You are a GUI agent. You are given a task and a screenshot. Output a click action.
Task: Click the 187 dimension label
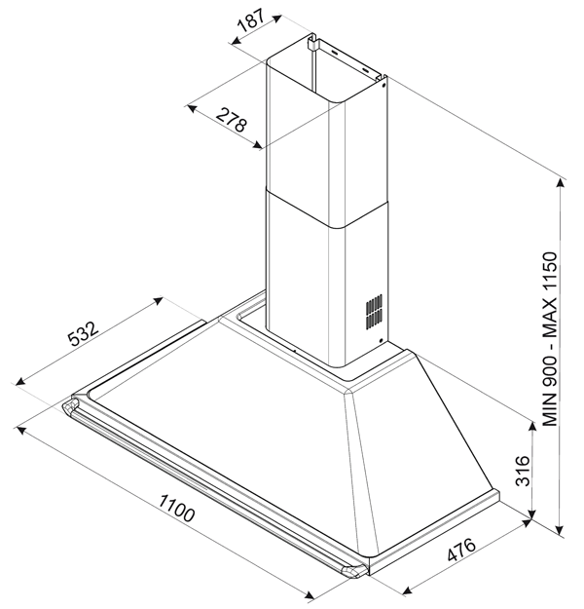(x=251, y=19)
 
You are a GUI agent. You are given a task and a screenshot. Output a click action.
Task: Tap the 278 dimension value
(x=232, y=120)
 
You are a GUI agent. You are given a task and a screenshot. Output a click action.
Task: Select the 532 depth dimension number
(x=84, y=333)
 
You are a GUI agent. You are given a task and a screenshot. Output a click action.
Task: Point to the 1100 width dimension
(x=176, y=508)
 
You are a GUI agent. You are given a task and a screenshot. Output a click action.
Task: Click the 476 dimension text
(x=461, y=550)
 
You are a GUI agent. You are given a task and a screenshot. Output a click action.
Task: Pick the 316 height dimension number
(x=523, y=471)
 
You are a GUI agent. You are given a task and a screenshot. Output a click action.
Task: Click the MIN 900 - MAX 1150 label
(x=550, y=339)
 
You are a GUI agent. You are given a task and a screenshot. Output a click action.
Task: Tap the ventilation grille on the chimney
(x=374, y=312)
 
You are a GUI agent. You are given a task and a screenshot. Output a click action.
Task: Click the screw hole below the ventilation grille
(x=381, y=341)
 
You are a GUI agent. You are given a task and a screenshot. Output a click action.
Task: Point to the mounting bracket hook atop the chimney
(x=311, y=42)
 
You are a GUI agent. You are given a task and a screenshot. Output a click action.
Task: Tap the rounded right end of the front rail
(x=354, y=571)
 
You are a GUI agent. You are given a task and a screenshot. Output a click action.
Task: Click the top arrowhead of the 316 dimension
(x=533, y=425)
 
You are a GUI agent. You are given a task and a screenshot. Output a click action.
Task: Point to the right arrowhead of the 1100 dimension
(x=309, y=595)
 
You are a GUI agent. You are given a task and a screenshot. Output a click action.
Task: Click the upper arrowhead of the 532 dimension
(x=158, y=300)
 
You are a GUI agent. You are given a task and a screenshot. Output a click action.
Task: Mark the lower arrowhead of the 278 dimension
(x=257, y=145)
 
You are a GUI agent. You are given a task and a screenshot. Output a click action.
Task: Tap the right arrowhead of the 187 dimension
(x=276, y=18)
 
